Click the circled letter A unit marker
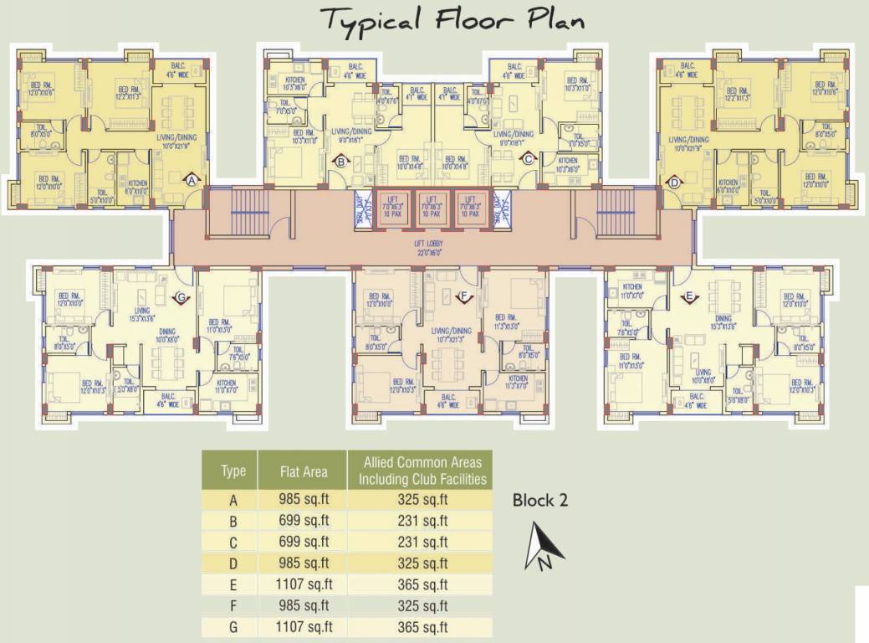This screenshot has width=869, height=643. pyautogui.click(x=192, y=180)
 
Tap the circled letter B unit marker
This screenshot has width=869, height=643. pyautogui.click(x=340, y=162)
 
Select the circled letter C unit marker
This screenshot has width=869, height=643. pyautogui.click(x=528, y=158)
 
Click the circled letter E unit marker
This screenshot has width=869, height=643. pyautogui.click(x=689, y=296)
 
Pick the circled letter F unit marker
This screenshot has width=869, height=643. pyautogui.click(x=465, y=295)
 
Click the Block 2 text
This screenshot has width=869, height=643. pyautogui.click(x=540, y=501)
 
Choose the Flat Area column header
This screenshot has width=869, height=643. pyautogui.click(x=303, y=472)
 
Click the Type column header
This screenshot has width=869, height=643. pyautogui.click(x=233, y=471)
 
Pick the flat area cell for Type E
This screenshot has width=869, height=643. pyautogui.click(x=303, y=584)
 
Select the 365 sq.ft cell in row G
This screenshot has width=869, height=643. pyautogui.click(x=422, y=627)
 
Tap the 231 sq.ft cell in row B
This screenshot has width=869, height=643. pyautogui.click(x=422, y=521)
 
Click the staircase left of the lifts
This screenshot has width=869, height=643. pyautogui.click(x=248, y=214)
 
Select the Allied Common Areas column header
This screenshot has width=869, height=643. pyautogui.click(x=422, y=471)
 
